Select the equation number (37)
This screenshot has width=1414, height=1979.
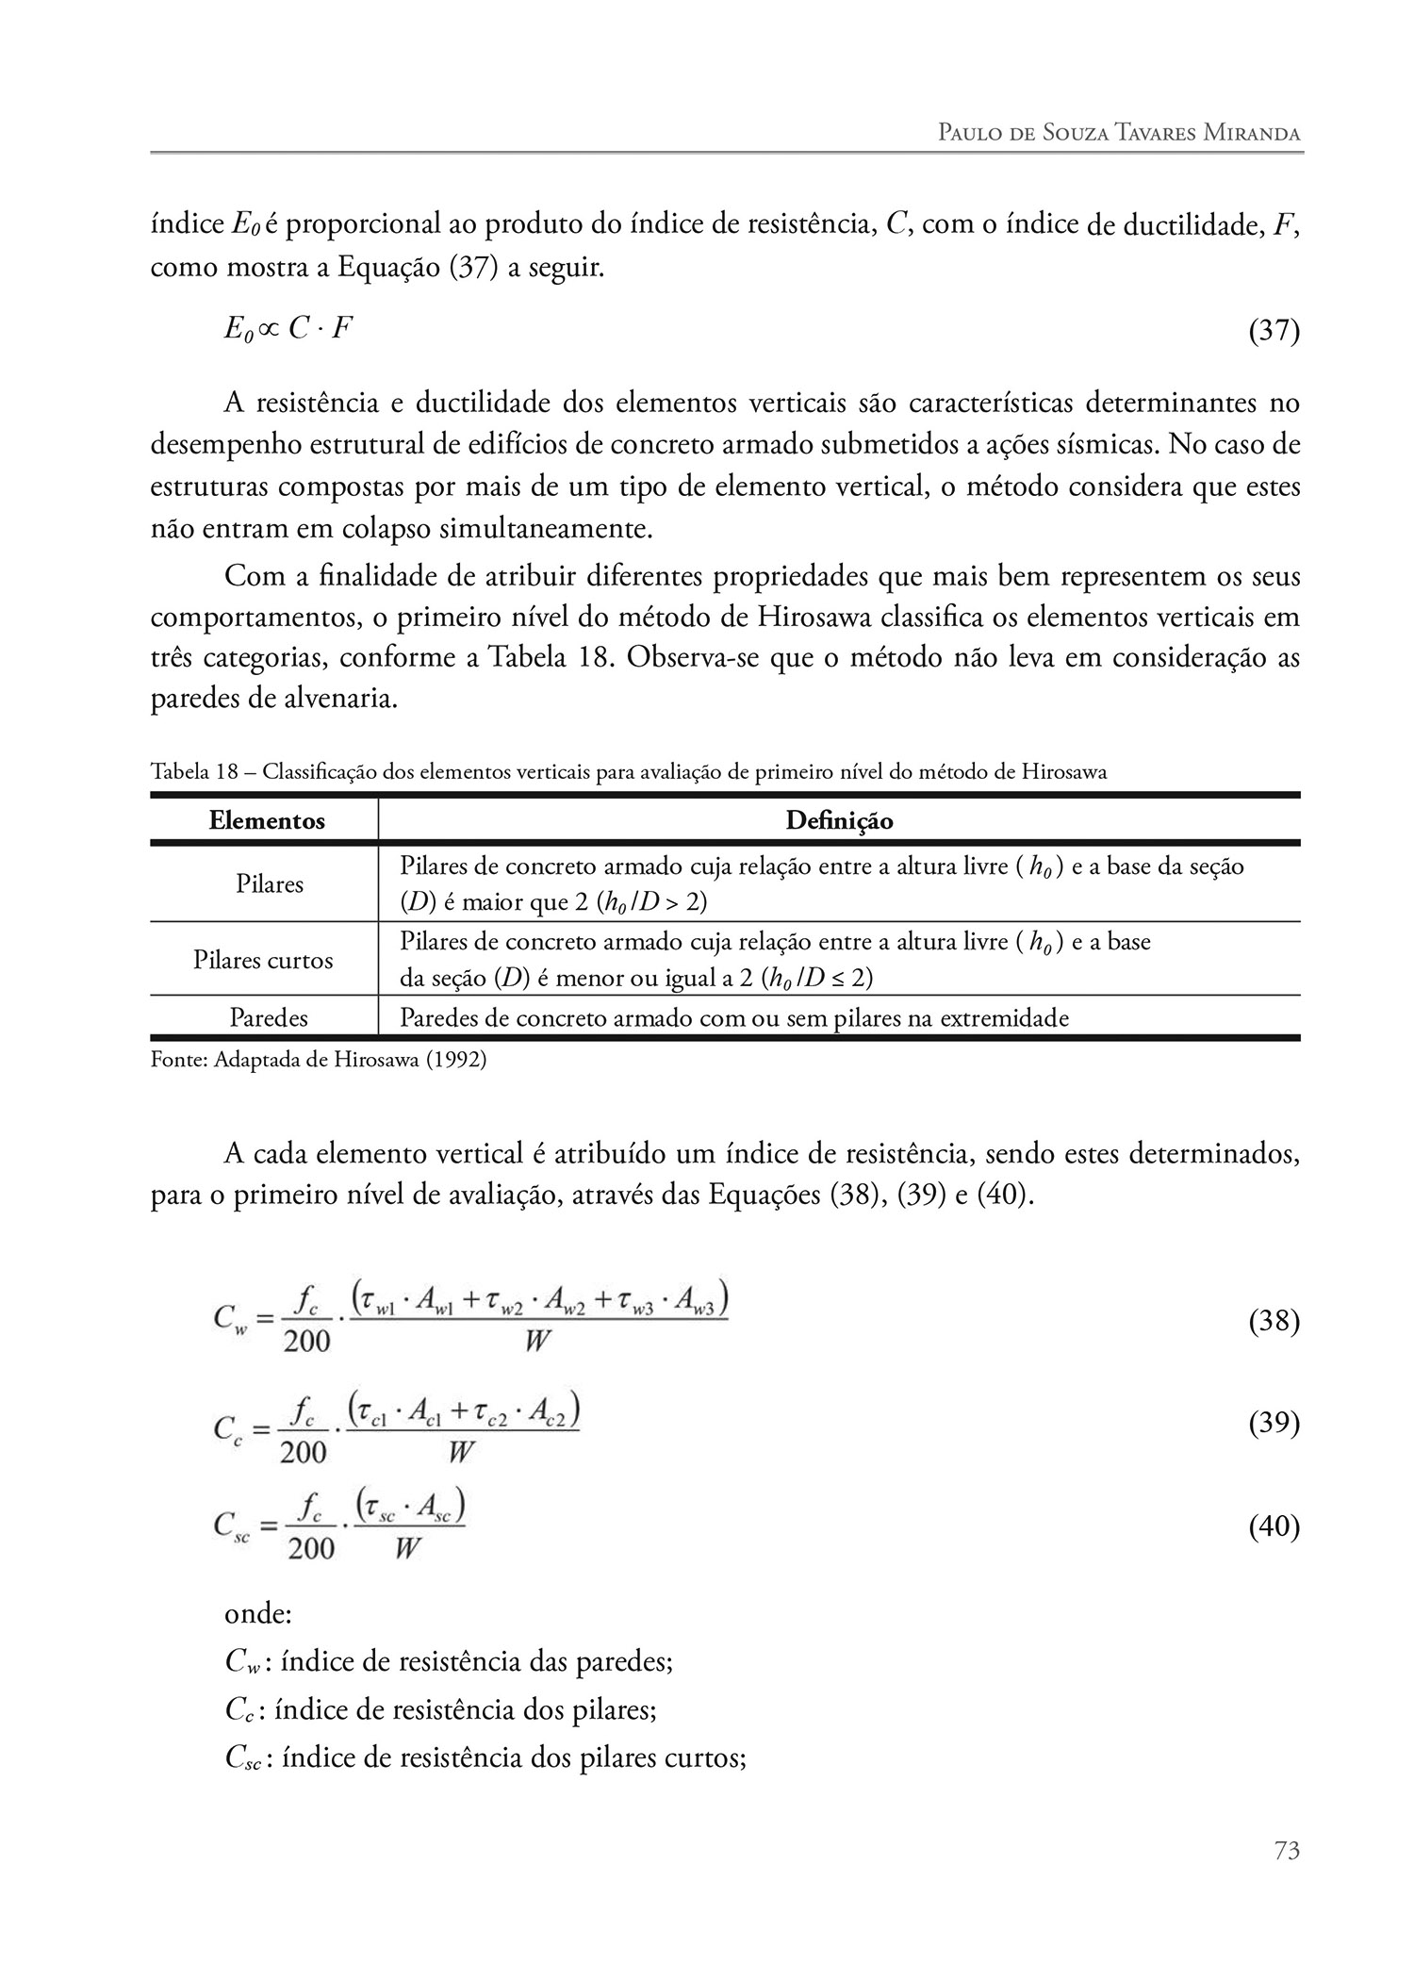tap(1274, 331)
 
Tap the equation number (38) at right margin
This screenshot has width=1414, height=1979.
tap(1274, 1322)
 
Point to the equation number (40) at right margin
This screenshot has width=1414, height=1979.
tap(1274, 1526)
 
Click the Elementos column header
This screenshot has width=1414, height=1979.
tap(267, 821)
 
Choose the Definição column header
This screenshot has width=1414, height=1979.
tap(839, 821)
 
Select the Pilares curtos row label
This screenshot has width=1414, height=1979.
tap(263, 961)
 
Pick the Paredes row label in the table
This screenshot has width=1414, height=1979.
tap(269, 1018)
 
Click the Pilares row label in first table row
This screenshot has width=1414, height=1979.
tap(270, 884)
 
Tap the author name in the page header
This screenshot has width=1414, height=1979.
tap(1119, 132)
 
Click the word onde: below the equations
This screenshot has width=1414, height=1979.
tap(258, 1613)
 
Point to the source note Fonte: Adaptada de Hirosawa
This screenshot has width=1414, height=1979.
tap(319, 1059)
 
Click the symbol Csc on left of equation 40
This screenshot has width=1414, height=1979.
tap(231, 1526)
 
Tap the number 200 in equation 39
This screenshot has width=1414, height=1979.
tap(304, 1451)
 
